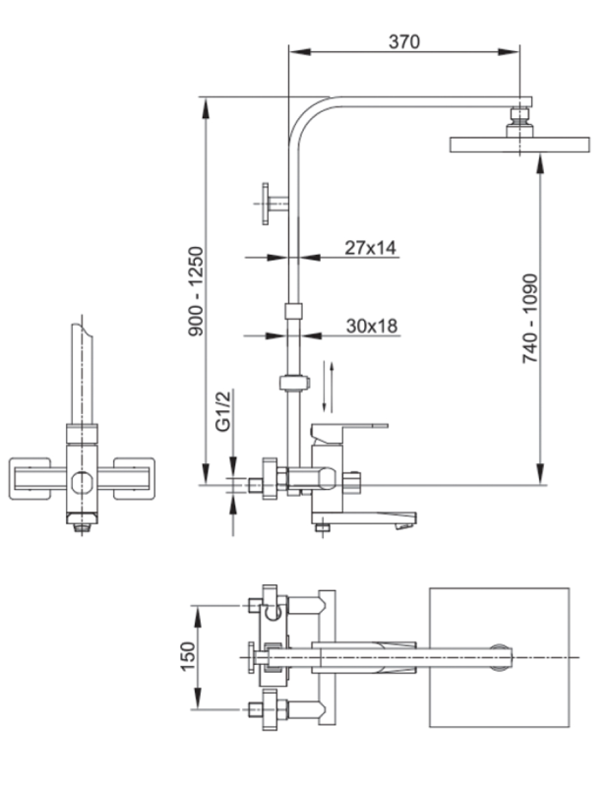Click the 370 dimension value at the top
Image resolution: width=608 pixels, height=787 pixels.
tap(403, 41)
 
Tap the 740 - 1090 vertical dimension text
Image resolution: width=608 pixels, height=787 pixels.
tap(530, 319)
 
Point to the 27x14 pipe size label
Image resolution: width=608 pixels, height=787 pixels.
tap(370, 248)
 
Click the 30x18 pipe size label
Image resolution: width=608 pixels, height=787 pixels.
tap(372, 326)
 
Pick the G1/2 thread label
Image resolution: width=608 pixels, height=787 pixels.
tap(223, 410)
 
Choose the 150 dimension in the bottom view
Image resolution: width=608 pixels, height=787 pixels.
tap(188, 656)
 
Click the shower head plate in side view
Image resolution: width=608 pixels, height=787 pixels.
tap(519, 146)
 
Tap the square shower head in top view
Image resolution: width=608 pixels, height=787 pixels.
tap(500, 657)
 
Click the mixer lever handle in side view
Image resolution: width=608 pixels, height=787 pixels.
tap(349, 428)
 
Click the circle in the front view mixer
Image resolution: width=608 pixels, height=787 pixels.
tap(82, 482)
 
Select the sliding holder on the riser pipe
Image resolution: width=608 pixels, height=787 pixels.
tap(291, 383)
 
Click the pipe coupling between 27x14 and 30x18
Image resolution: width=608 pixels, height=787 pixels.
tap(291, 312)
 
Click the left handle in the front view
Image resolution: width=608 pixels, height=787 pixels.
tap(33, 479)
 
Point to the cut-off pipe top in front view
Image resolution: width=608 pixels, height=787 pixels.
tap(82, 330)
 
